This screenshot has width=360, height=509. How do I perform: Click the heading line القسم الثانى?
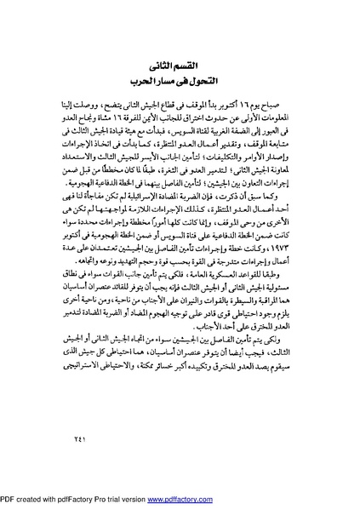181,65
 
